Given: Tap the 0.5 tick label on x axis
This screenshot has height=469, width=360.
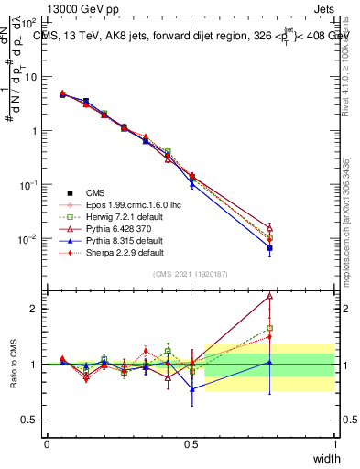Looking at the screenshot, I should [191, 443].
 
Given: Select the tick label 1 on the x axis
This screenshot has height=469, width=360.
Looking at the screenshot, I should [334, 443].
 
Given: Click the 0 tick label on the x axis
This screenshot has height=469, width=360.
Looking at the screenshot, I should [47, 443].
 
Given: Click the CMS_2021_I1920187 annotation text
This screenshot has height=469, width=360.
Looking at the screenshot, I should [191, 275].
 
